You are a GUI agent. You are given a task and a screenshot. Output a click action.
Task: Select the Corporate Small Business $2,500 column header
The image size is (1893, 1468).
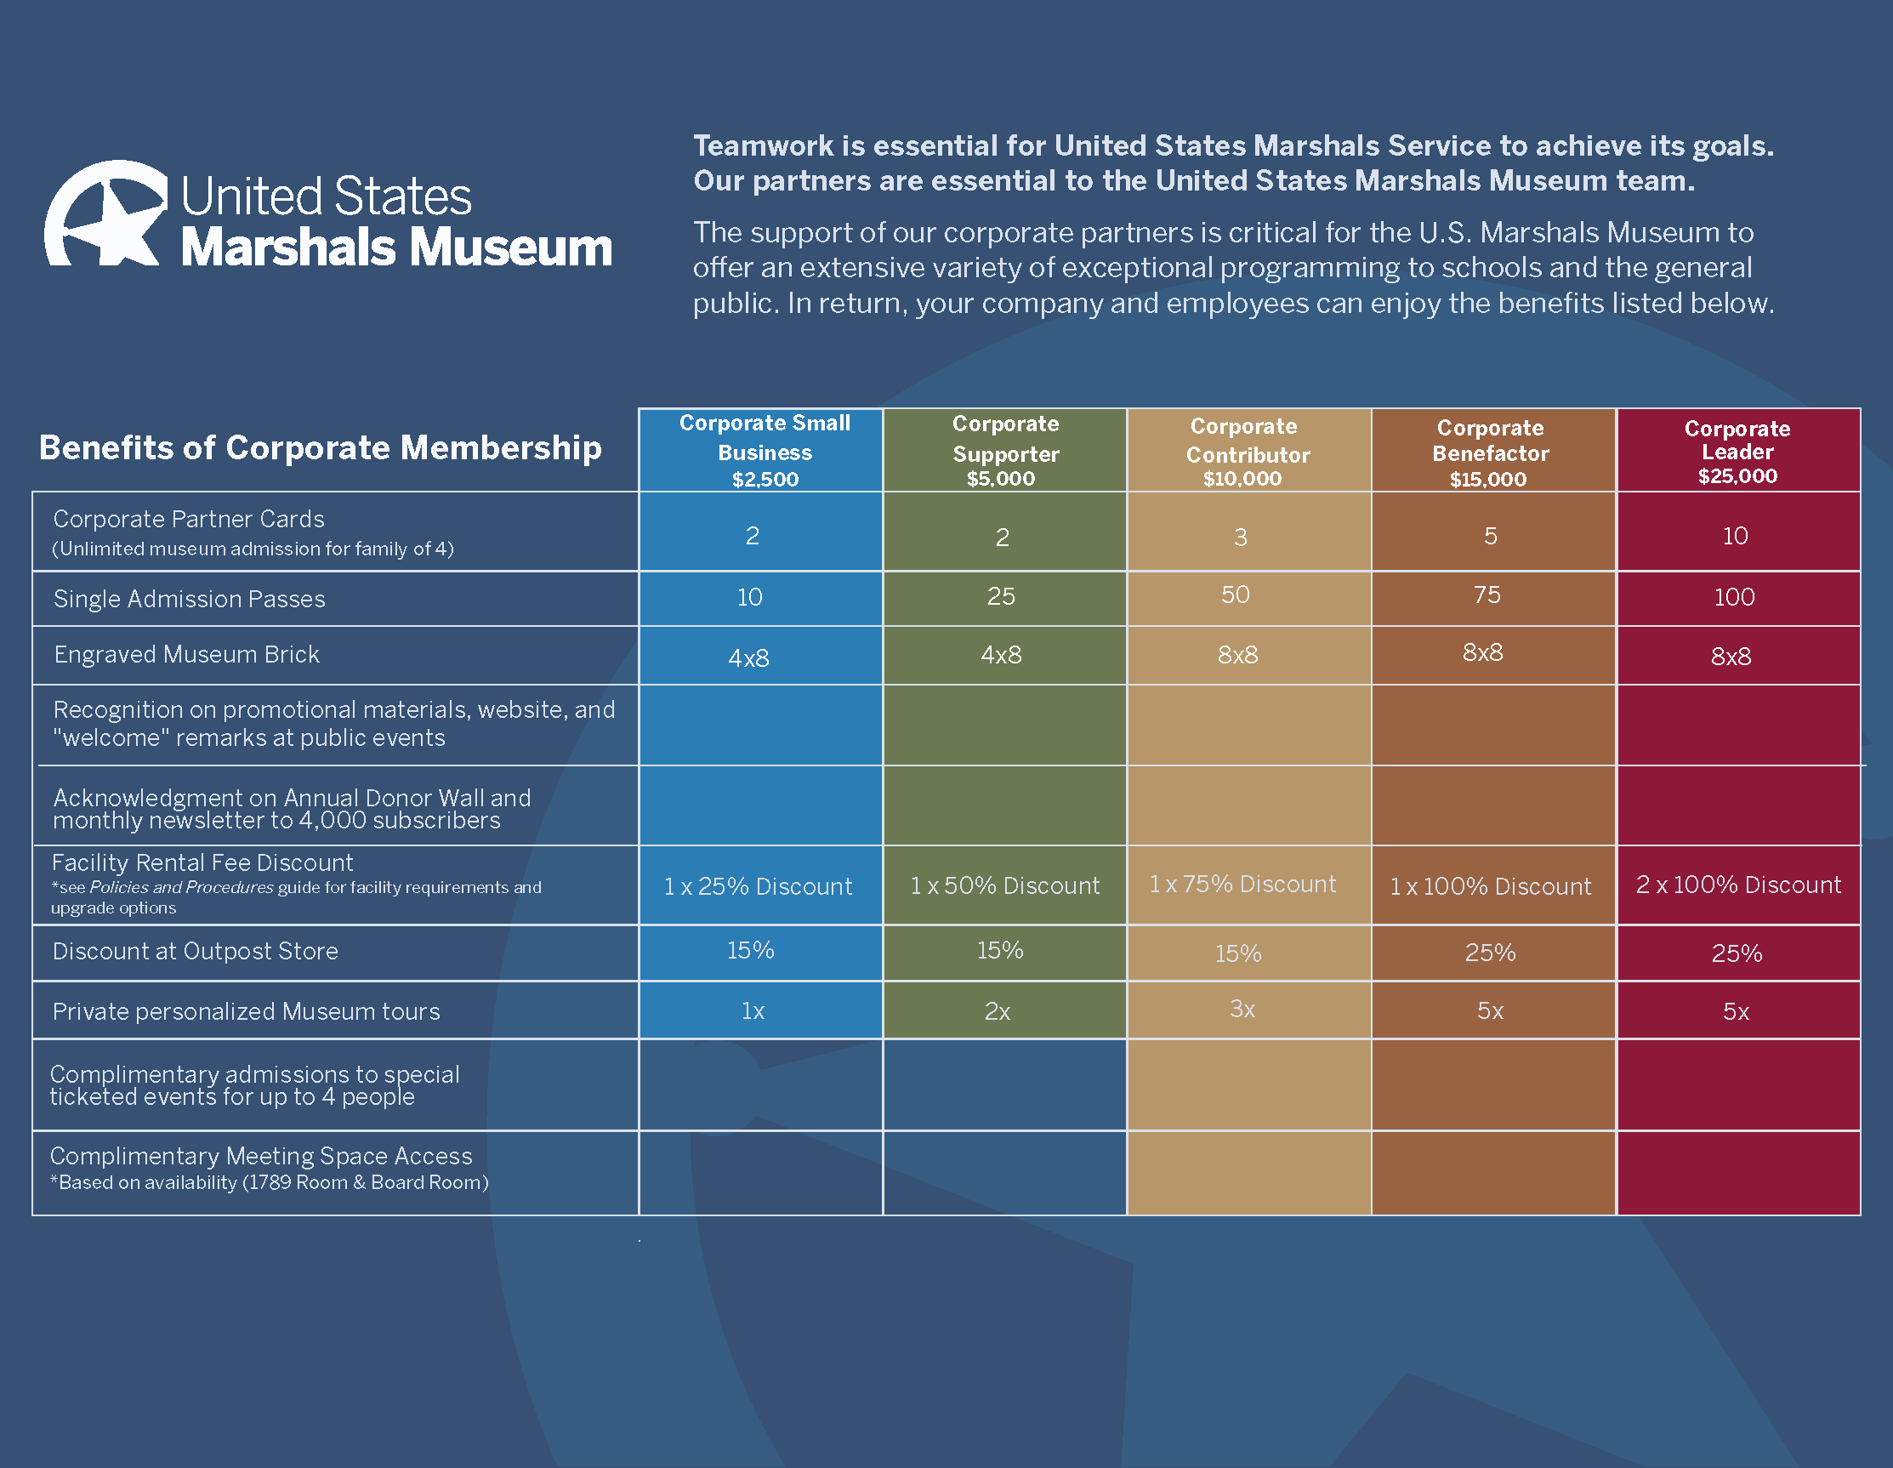tap(764, 451)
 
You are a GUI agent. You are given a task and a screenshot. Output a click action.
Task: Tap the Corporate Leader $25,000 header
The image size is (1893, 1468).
tap(1737, 451)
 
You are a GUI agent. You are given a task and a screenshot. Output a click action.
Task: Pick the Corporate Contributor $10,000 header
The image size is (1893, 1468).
tap(1247, 452)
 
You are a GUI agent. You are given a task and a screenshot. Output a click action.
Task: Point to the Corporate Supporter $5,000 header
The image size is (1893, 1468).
tap(1004, 451)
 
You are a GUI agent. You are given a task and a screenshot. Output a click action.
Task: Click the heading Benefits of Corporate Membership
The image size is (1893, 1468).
tap(320, 447)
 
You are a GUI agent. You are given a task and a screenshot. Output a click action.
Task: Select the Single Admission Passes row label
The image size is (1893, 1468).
tap(189, 598)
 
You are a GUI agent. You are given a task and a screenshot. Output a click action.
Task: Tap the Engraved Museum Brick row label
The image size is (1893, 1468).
tap(186, 654)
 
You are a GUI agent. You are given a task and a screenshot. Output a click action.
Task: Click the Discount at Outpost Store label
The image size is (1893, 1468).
tap(195, 951)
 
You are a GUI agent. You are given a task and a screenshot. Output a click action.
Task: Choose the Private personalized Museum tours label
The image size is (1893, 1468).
tap(246, 1011)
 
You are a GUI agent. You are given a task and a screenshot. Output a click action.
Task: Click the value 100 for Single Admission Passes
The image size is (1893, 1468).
tap(1733, 596)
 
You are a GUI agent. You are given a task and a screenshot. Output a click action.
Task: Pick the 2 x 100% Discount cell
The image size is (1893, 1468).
tap(1738, 885)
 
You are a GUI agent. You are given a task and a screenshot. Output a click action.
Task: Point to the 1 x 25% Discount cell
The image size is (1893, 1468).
tap(758, 886)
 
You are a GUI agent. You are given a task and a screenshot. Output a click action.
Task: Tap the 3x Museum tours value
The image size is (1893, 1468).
tap(1242, 1010)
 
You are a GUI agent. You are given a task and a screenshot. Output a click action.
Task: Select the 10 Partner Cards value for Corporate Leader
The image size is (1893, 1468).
tap(1734, 536)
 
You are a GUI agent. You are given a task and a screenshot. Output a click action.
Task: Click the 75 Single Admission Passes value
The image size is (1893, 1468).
tap(1487, 595)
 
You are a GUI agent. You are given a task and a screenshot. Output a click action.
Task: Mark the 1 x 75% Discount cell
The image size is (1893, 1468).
tap(1242, 885)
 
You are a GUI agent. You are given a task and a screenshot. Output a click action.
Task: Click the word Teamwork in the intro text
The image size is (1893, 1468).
tap(763, 145)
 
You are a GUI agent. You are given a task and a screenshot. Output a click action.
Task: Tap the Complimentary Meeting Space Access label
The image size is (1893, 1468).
tap(261, 1156)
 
